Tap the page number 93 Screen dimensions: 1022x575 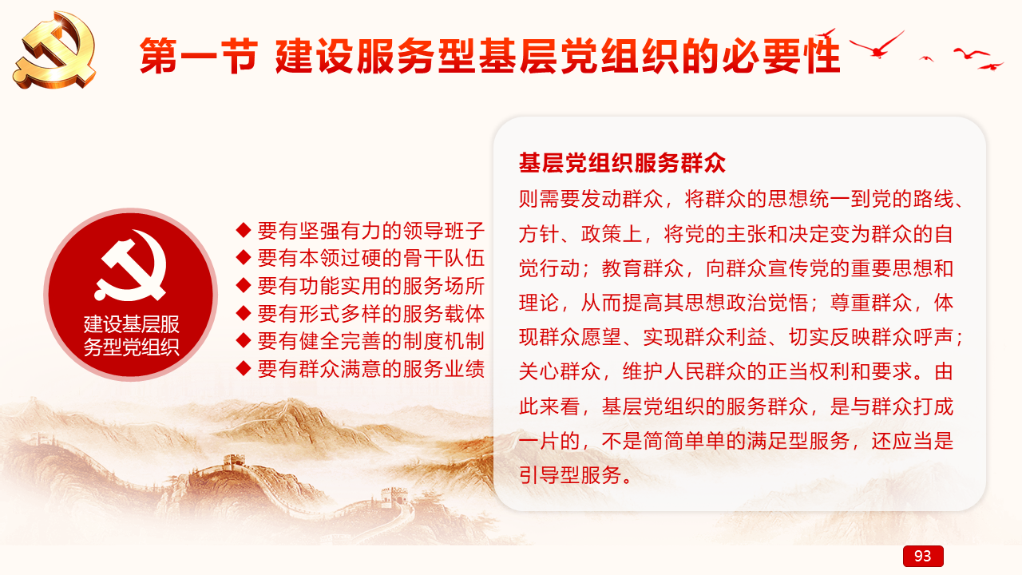click(922, 556)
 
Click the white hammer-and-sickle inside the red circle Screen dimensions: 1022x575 click(130, 266)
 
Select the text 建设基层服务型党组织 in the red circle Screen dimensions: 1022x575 click(132, 335)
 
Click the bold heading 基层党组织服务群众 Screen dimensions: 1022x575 click(622, 163)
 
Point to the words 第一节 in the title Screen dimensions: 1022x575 click(199, 56)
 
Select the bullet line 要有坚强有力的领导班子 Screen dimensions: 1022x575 click(370, 231)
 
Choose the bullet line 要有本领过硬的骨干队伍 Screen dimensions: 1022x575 click(370, 258)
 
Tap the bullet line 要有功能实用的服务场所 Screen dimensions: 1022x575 click(370, 286)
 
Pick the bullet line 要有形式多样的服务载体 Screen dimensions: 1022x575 click(370, 314)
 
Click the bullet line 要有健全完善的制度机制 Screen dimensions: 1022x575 click(370, 341)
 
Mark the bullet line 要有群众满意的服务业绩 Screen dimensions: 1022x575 click(370, 369)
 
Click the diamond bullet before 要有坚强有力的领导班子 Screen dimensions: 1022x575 click(244, 230)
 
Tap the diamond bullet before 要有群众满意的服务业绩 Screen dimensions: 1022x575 click(244, 368)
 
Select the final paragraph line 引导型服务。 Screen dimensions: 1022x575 click(576, 475)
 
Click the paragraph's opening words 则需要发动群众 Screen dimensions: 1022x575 click(591, 199)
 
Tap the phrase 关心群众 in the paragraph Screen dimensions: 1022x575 click(560, 371)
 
